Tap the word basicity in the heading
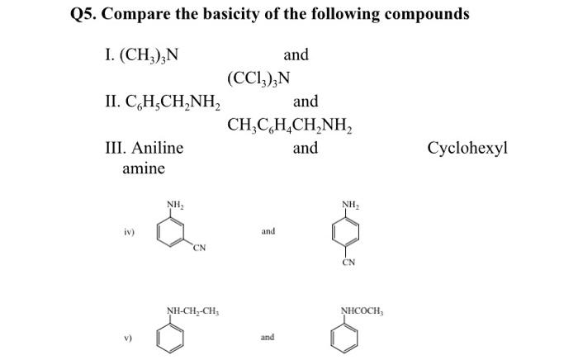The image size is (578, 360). point(253,14)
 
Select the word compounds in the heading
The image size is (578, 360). point(424,14)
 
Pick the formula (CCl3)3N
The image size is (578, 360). point(258,79)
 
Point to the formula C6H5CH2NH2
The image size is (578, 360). point(163,102)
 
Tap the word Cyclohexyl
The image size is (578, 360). point(467,149)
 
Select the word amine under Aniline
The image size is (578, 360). point(143,168)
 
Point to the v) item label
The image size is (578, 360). point(128,337)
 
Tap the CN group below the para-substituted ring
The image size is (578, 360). point(348,263)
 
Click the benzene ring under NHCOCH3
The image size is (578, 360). point(348,337)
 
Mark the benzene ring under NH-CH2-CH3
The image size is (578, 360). point(174,337)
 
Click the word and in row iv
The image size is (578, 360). point(268,231)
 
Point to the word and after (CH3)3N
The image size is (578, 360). point(296,55)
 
